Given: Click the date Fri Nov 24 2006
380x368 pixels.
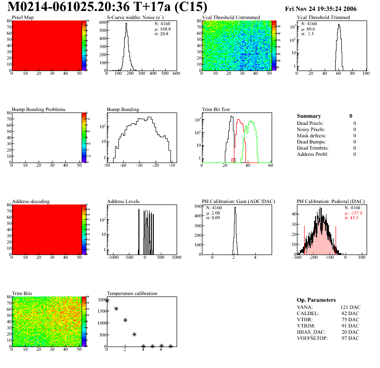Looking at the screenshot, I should tap(320, 9).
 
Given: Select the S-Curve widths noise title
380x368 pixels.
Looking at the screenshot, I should tap(134, 18).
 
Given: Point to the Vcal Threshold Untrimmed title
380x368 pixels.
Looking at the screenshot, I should tap(231, 18).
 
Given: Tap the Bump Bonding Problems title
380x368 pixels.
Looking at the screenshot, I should tap(39, 109).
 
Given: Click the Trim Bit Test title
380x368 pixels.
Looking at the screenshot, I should tap(216, 109).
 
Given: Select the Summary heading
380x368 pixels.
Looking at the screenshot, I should tap(309, 116).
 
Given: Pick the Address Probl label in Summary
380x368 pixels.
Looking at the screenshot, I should tap(313, 154).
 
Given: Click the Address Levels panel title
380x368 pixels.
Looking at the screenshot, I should tap(123, 202).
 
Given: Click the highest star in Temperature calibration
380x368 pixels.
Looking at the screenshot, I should tap(107, 301).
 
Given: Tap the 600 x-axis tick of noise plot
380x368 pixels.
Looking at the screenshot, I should tap(176, 73).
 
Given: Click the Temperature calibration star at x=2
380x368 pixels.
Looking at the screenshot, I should tap(125, 320).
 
